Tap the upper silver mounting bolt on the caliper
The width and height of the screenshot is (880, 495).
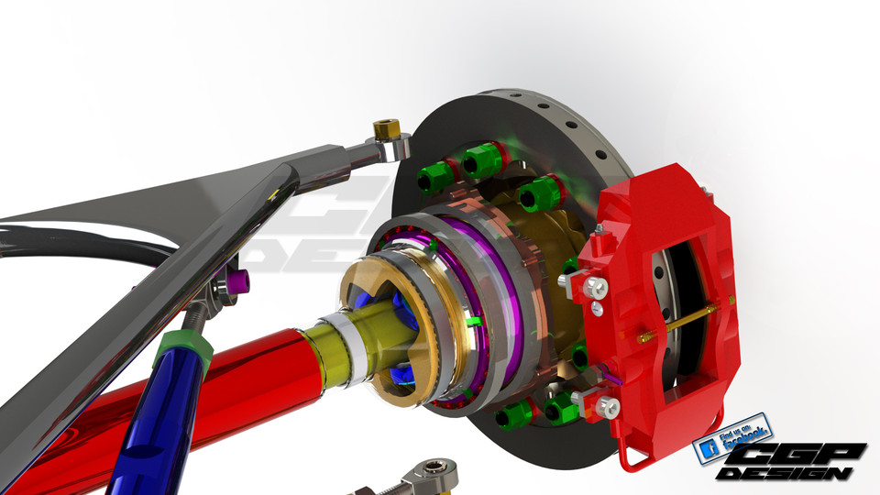point(596,288)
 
